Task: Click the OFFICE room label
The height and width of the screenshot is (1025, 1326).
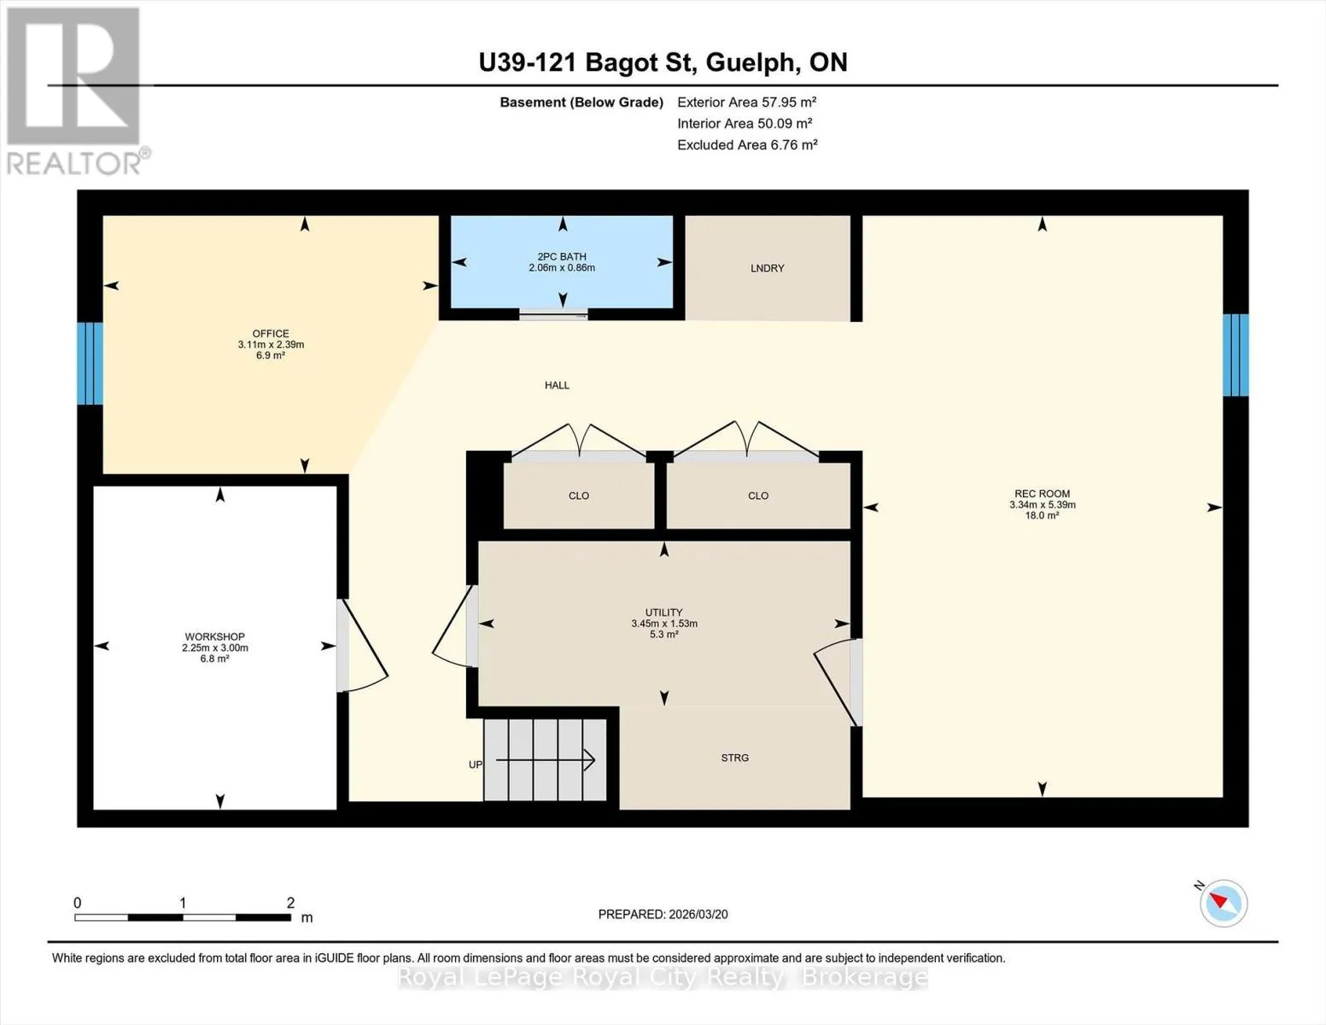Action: (x=271, y=333)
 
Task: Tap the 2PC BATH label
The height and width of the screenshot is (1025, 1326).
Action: (x=562, y=257)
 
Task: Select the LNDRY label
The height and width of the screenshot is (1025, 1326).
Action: (x=767, y=268)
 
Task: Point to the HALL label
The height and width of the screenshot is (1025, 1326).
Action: (x=557, y=385)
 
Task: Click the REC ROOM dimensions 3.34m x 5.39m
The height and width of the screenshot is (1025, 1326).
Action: (x=1043, y=505)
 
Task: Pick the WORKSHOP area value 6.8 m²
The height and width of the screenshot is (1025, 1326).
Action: (x=214, y=659)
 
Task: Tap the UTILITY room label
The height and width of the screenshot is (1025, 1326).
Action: (x=664, y=612)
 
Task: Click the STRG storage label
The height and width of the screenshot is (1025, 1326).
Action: (x=734, y=758)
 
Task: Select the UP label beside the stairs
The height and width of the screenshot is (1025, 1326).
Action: (x=476, y=764)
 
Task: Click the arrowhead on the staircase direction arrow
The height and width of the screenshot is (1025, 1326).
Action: (x=589, y=760)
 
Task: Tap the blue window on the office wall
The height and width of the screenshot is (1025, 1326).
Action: (x=90, y=363)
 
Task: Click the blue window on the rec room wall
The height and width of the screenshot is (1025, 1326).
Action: (x=1235, y=354)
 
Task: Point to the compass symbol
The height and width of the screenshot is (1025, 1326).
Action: (x=1223, y=904)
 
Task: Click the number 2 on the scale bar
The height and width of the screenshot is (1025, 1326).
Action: (x=290, y=903)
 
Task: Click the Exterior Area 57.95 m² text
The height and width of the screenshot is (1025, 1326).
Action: (x=747, y=102)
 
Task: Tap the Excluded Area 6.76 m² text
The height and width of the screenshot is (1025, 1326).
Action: (x=747, y=144)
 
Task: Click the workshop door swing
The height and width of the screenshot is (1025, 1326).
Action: (x=363, y=646)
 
